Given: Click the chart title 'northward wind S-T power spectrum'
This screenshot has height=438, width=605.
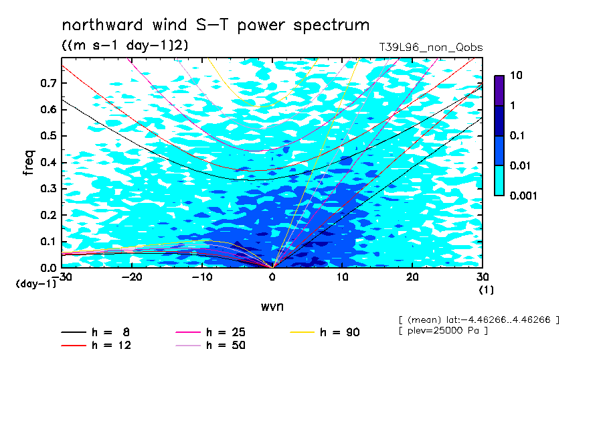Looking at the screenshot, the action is [215, 25].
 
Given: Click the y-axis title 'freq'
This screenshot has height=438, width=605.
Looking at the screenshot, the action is [29, 163].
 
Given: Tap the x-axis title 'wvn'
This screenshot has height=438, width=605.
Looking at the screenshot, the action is [272, 307].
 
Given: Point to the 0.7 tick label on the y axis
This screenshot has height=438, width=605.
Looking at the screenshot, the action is [49, 83].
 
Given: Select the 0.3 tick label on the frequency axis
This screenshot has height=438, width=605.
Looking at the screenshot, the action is [49, 188].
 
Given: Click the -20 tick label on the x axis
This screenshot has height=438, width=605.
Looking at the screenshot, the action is [132, 277].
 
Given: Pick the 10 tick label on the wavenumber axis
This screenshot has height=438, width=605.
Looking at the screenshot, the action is [342, 277].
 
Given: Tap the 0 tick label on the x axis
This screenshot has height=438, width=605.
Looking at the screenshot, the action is [272, 277].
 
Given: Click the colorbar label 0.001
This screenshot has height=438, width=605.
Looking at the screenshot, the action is [523, 196].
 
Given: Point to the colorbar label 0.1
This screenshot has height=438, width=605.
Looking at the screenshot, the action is [517, 135].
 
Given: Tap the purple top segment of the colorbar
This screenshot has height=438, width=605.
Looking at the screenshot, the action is [499, 91].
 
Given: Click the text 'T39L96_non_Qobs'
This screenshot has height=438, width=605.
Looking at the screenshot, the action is [431, 48].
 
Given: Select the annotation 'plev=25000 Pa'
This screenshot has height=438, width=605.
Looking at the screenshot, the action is [444, 331].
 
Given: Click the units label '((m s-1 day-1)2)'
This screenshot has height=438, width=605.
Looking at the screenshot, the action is [125, 46].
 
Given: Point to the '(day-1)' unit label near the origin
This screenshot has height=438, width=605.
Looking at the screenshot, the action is [36, 284].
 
